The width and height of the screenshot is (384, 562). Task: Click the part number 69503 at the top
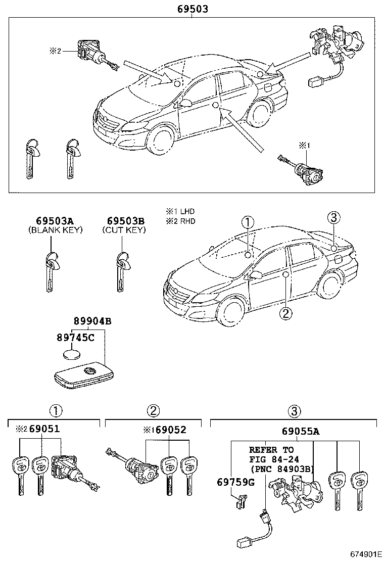(193, 9)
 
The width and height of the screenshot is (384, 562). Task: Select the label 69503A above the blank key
(55, 221)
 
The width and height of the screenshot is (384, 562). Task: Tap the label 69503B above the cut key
(126, 221)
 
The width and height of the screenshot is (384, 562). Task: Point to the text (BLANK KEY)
(55, 230)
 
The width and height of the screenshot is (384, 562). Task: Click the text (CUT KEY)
(124, 230)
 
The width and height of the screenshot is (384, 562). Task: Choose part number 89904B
(92, 321)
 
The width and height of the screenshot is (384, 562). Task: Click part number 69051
(44, 430)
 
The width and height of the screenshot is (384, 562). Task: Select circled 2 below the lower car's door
(285, 313)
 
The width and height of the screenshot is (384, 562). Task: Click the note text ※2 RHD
(180, 221)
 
